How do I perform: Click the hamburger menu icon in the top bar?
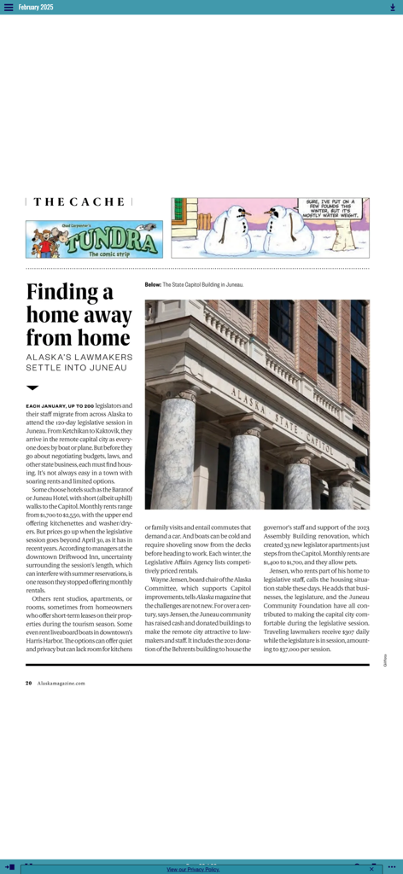pos(9,7)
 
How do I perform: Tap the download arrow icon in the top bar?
pos(393,7)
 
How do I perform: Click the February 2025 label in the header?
pos(36,7)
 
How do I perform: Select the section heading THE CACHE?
pos(79,202)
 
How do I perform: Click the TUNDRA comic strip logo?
pos(94,240)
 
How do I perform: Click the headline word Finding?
pos(69,293)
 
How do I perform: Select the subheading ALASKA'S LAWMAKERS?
pos(79,357)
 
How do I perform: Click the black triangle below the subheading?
pos(32,387)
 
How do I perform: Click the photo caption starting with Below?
pos(194,284)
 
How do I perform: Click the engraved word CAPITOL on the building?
pos(322,444)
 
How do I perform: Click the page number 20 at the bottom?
pos(28,683)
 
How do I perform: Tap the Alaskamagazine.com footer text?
pos(61,683)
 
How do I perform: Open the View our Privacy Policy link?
pos(193,869)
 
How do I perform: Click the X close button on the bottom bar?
pos(371,869)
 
